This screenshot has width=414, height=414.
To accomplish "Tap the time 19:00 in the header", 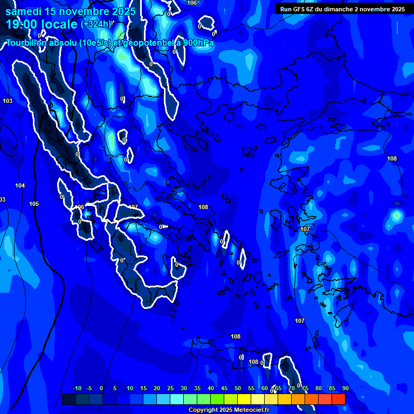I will tap(23, 24).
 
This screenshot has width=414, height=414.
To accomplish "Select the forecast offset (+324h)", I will tap(98, 24).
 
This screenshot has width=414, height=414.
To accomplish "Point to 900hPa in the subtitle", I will tap(197, 43).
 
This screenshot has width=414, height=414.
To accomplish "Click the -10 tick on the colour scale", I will tap(77, 389).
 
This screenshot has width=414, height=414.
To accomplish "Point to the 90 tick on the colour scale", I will tap(345, 389).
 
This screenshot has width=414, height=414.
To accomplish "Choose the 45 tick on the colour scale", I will tap(224, 389).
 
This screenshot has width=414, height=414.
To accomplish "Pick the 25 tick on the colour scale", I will tap(170, 389).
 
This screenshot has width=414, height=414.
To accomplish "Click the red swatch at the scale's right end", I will tap(338, 399).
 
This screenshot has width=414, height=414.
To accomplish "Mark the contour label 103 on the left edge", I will tap(8, 101).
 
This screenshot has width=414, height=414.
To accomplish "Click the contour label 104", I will tap(20, 186).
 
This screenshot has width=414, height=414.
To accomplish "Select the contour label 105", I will tap(34, 204).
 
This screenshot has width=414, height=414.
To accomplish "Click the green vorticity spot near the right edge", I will tap(397, 216).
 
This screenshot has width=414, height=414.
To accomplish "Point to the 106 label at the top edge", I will tap(192, 3).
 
